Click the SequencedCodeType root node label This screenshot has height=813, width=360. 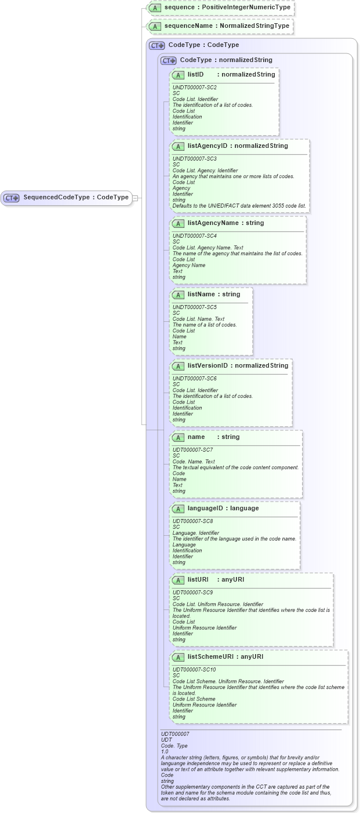pos(75,197)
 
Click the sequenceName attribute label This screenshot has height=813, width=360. pos(226,26)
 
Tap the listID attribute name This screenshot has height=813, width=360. pos(195,75)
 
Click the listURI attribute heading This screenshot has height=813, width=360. pos(198,580)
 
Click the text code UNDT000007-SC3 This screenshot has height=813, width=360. pos(194,158)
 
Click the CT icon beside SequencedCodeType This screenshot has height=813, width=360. pos(12,198)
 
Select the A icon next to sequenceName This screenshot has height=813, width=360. pos(155,26)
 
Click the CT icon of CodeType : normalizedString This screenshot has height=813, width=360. pos(169,60)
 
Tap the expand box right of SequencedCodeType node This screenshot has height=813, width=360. pos(135,198)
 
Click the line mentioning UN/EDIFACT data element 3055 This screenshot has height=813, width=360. pos(239,206)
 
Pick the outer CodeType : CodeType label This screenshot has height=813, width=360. pos(203,45)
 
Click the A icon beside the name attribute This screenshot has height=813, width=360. pos(179,437)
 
